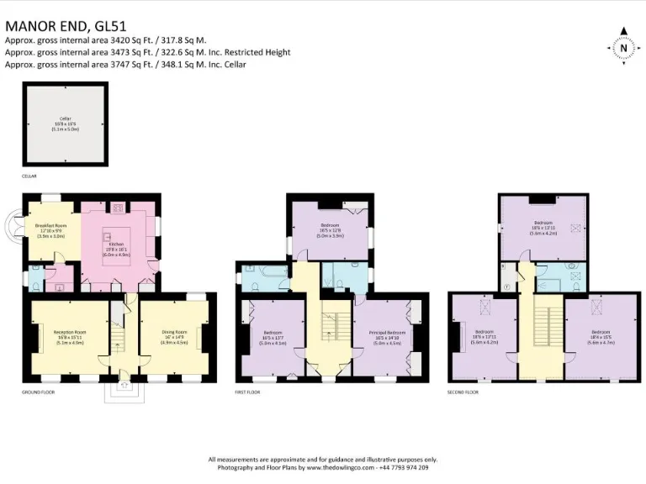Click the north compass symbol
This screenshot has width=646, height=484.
pos(623,48)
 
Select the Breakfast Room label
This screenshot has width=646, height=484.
pos(51,231)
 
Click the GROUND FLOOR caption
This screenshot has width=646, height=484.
pos(39,392)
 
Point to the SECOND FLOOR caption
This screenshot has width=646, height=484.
pos(463,392)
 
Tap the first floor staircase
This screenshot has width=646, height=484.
pos(334,329)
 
